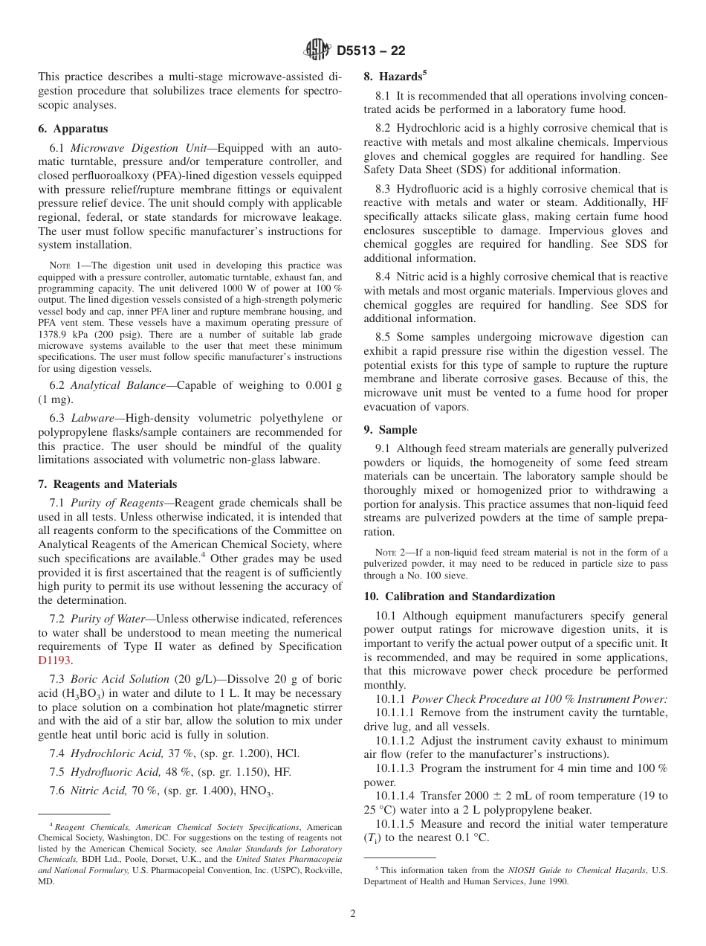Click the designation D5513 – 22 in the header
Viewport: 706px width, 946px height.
(x=371, y=51)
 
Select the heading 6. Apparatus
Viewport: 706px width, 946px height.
(x=73, y=128)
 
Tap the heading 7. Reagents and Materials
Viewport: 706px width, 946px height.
(x=107, y=483)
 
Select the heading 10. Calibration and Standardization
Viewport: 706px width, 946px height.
(x=459, y=596)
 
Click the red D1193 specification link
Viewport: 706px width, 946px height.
(x=55, y=660)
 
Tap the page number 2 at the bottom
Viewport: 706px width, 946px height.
(x=353, y=914)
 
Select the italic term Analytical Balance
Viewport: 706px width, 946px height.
(x=115, y=384)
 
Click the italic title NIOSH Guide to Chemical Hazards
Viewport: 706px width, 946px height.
(x=569, y=869)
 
